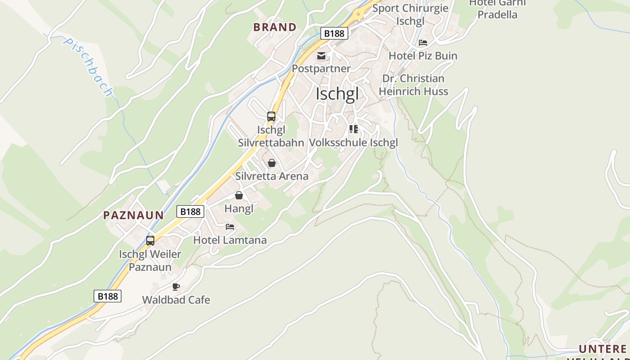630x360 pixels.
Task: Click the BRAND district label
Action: [274, 27]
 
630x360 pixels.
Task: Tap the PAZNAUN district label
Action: [133, 215]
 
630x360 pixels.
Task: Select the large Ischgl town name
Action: [337, 94]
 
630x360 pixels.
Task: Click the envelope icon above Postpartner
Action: [321, 56]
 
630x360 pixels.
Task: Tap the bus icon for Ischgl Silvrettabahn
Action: [271, 117]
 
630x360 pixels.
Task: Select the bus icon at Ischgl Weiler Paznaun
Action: [150, 241]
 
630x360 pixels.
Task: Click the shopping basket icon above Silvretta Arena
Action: [272, 163]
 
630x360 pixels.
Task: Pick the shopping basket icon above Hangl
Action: [239, 195]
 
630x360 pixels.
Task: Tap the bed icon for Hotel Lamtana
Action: [230, 227]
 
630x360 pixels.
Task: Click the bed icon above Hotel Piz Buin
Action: [423, 43]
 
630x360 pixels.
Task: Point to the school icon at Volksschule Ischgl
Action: [354, 130]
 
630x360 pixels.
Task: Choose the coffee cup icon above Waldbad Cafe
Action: [176, 287]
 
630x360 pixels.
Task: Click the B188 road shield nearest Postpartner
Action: [334, 33]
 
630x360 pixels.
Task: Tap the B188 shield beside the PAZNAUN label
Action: [190, 211]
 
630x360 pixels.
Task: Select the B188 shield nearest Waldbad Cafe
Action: [108, 296]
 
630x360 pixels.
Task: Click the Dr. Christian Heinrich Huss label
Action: [413, 85]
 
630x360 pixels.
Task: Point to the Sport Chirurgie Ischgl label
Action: [410, 14]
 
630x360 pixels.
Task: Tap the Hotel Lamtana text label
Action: [230, 240]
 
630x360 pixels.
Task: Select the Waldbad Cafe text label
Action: [176, 300]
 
